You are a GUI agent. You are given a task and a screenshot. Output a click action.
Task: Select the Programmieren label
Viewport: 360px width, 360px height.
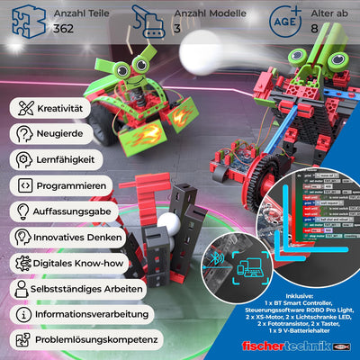(71, 186)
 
